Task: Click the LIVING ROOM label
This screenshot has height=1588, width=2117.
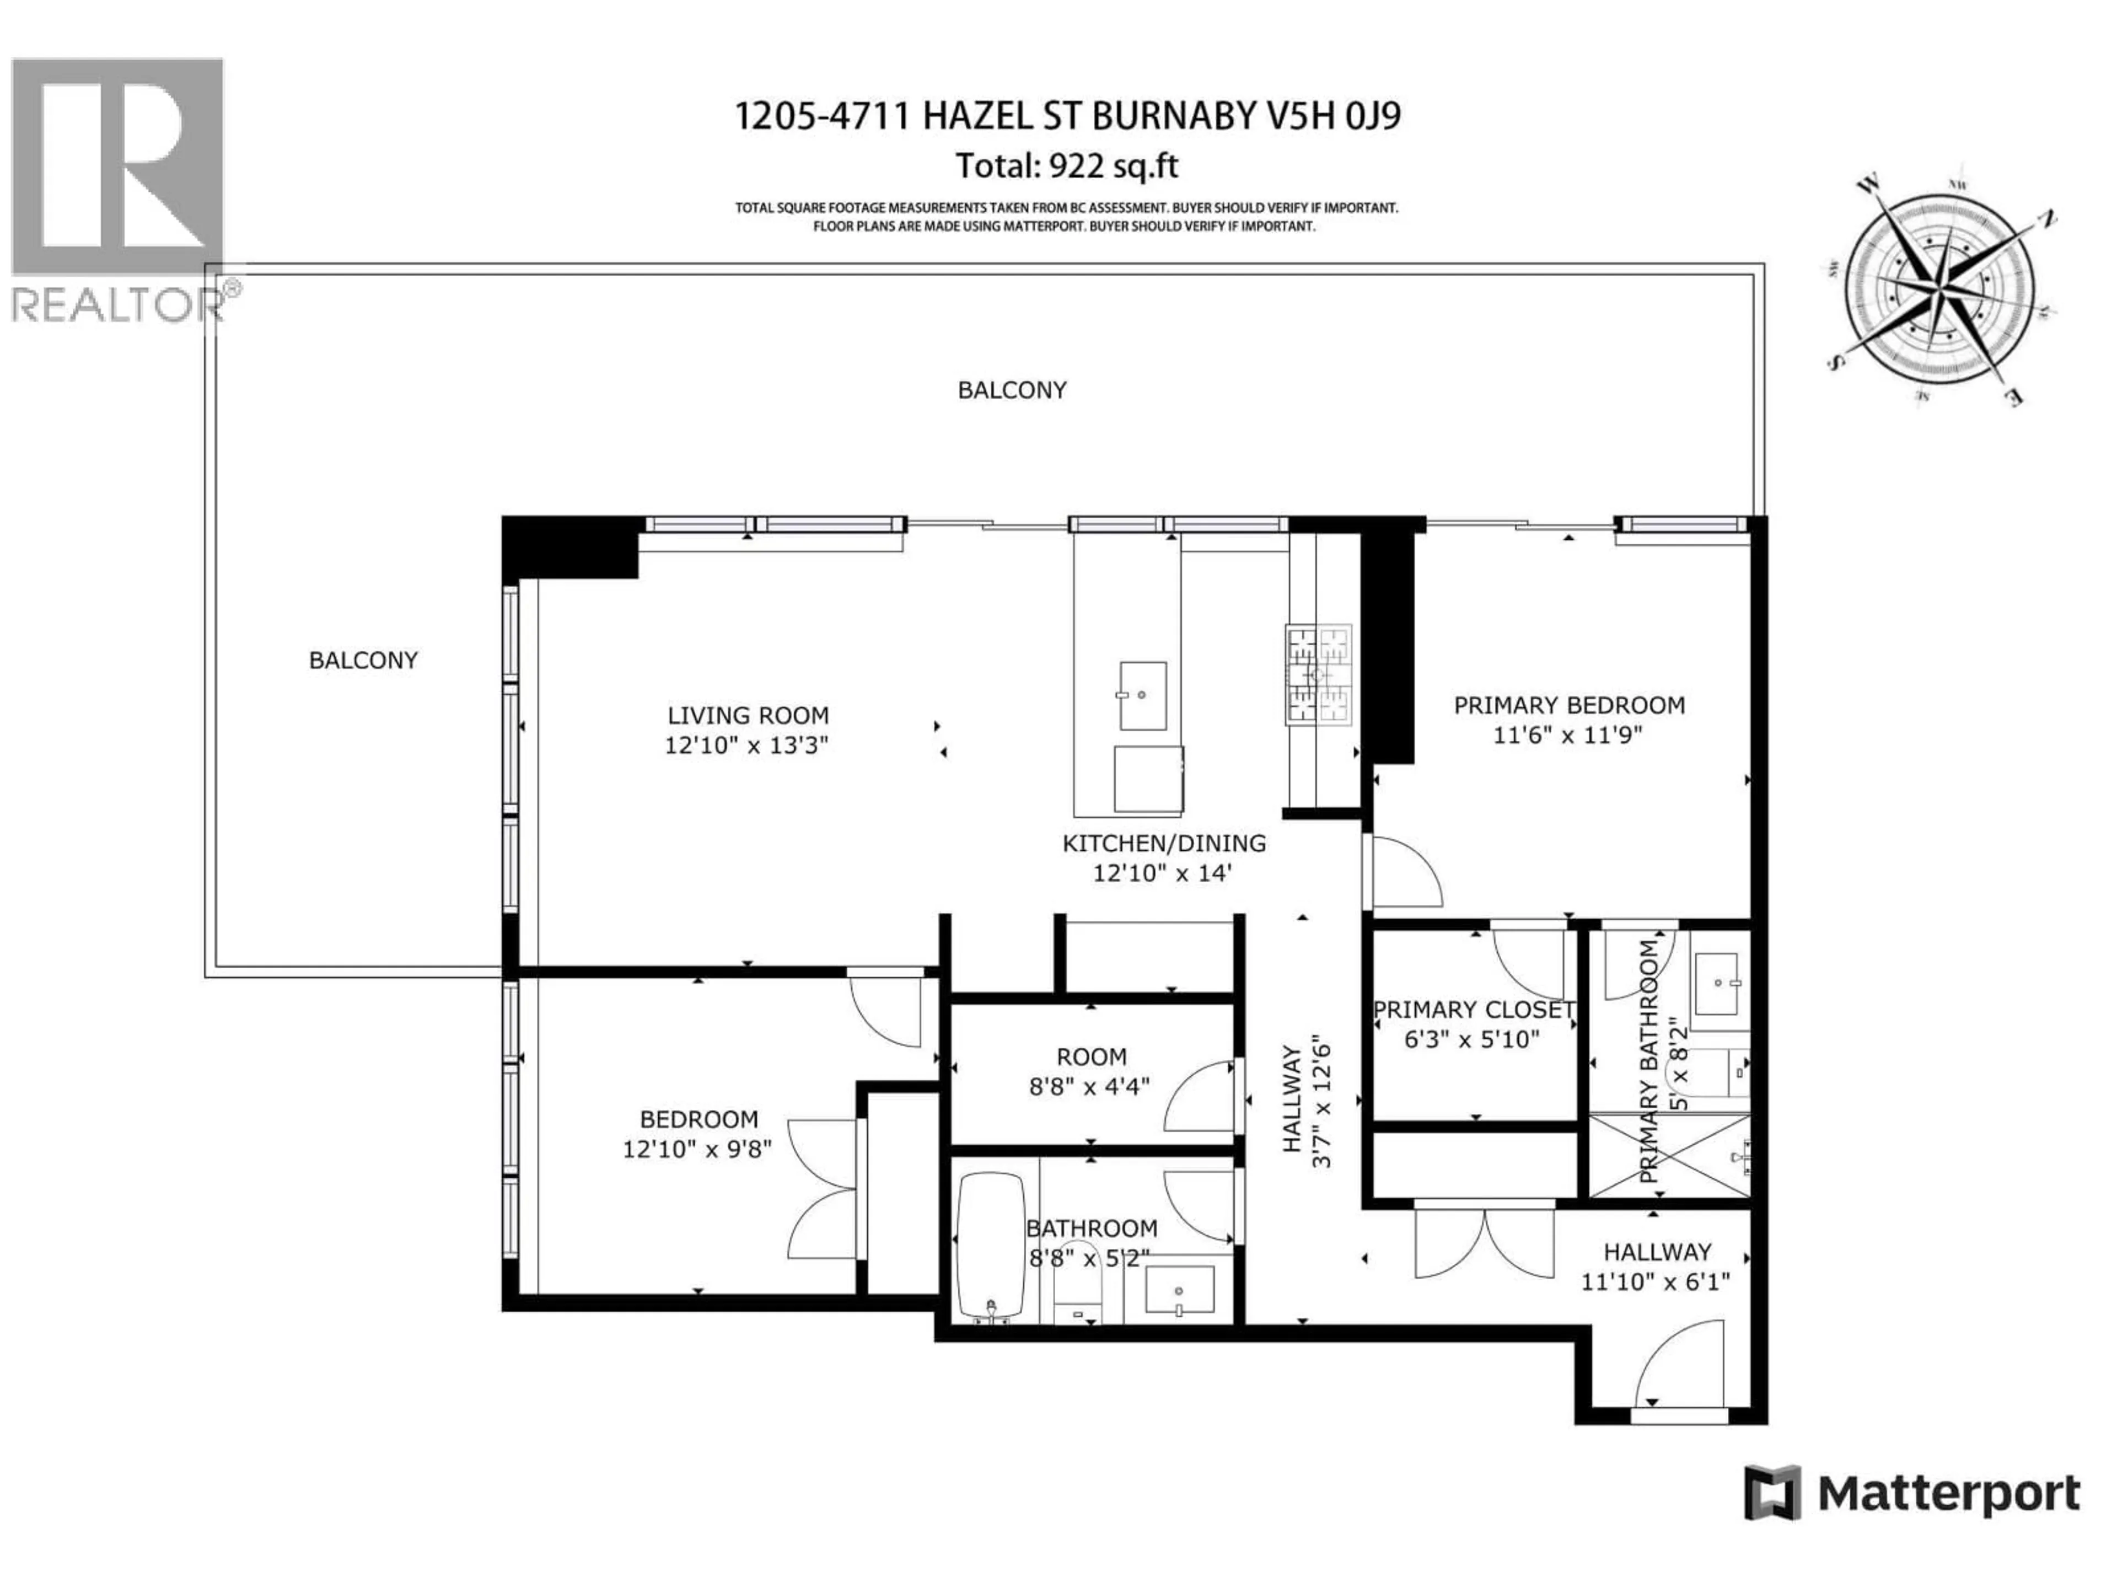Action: pyautogui.click(x=748, y=715)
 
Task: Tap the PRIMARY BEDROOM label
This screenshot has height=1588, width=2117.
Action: pyautogui.click(x=1568, y=705)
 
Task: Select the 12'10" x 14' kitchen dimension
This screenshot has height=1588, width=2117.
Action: pyautogui.click(x=1162, y=873)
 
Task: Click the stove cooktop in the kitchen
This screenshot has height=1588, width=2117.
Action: pyautogui.click(x=1318, y=675)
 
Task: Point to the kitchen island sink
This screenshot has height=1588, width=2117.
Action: pyautogui.click(x=1143, y=695)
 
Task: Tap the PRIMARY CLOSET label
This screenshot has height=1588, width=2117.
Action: pyautogui.click(x=1473, y=1010)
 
